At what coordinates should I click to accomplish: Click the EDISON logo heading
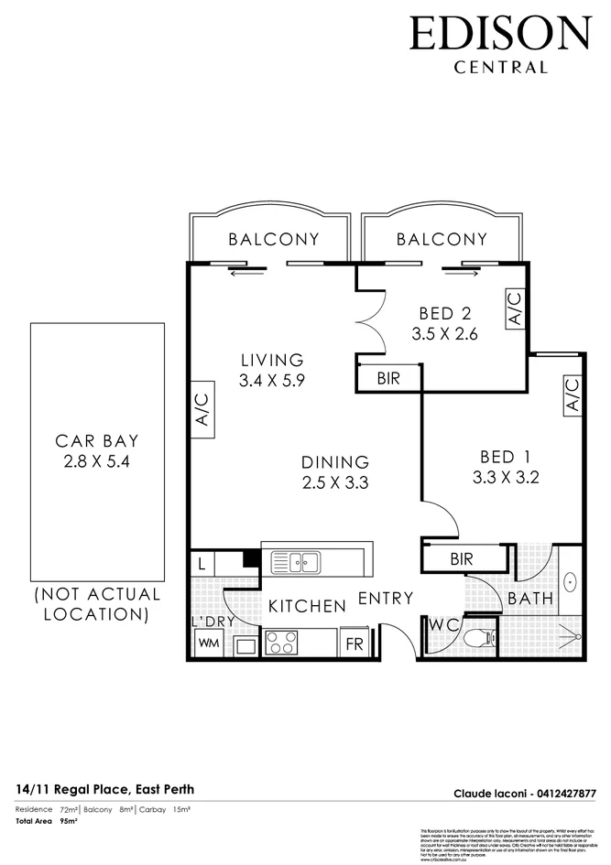click(x=499, y=34)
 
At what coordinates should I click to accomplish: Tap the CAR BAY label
click(x=97, y=440)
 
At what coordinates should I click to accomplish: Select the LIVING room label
click(x=272, y=360)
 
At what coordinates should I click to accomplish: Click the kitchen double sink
click(x=301, y=561)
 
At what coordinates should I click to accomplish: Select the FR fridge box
click(x=354, y=643)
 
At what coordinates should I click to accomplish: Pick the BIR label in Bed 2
click(x=388, y=378)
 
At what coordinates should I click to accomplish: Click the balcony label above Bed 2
click(x=442, y=240)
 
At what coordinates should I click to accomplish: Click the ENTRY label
click(x=385, y=599)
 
